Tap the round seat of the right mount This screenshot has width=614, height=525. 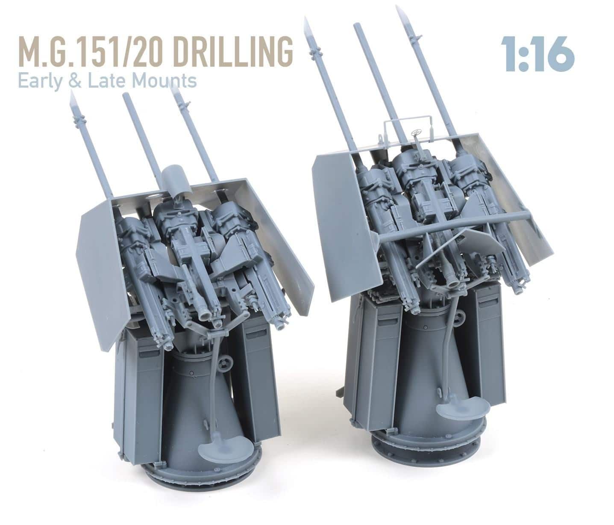457,411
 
